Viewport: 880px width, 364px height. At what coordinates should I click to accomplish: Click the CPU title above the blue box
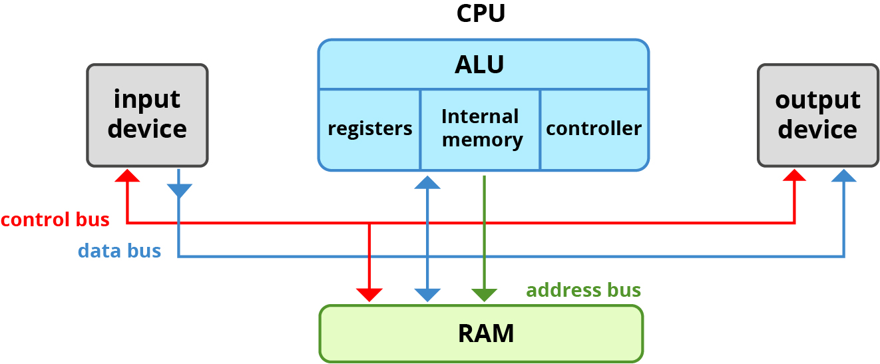(481, 14)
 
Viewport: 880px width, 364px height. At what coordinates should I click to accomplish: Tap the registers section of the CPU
(370, 128)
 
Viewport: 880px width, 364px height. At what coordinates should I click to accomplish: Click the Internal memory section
(481, 128)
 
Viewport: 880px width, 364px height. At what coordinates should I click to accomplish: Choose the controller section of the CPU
(594, 128)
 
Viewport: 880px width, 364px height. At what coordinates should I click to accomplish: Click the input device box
(147, 114)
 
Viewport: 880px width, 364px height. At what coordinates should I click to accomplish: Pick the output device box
(817, 115)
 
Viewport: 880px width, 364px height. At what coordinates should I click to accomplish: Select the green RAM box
(481, 333)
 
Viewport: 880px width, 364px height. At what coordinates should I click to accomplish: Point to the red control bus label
(55, 220)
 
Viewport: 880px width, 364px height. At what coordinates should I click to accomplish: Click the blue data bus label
(119, 251)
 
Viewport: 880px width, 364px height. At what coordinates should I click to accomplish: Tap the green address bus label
(583, 290)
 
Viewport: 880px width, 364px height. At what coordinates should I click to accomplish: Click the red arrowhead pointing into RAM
(369, 295)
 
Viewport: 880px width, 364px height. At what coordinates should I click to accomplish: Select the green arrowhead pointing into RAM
(485, 295)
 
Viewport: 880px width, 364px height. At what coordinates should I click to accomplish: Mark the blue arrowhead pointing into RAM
(427, 295)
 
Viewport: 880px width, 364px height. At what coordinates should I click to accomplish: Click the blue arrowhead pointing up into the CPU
(427, 183)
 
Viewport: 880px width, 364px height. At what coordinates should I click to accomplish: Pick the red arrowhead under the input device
(127, 175)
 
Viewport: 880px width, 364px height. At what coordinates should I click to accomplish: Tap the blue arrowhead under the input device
(179, 191)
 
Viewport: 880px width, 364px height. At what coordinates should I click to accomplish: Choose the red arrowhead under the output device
(795, 175)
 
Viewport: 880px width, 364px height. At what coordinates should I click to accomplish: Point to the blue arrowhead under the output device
(844, 176)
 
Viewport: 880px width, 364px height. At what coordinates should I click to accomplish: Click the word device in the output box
(817, 129)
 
